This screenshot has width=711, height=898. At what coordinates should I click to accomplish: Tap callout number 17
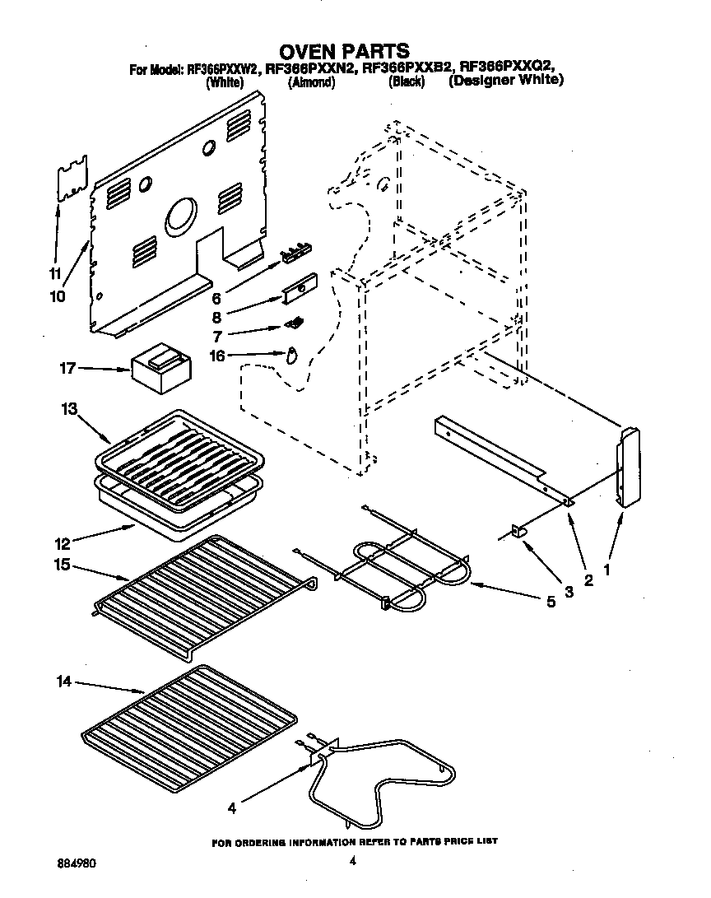click(67, 369)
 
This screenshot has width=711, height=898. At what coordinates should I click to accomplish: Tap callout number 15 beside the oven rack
click(63, 566)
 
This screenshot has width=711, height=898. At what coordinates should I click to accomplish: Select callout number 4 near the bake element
click(232, 808)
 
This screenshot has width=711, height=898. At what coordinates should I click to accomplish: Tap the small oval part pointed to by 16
click(290, 356)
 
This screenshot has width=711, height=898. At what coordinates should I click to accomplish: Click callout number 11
click(55, 273)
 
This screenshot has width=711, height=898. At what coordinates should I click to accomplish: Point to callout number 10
click(57, 296)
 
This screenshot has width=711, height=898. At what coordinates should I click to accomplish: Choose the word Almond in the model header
click(311, 82)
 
